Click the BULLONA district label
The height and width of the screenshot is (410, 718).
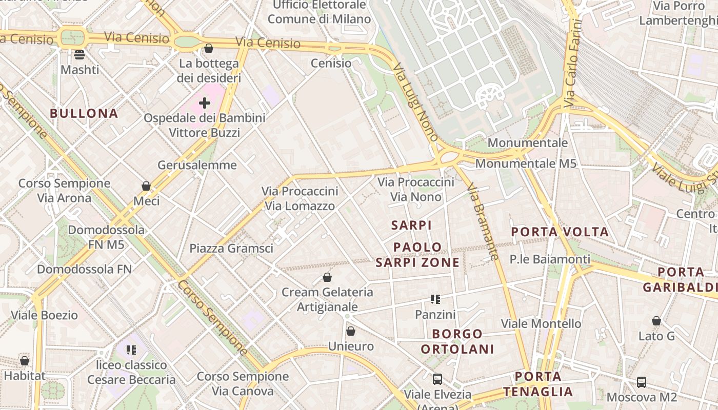click(84, 113)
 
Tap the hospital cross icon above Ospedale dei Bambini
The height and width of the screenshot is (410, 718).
click(205, 103)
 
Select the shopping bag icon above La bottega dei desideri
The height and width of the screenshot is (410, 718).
click(208, 48)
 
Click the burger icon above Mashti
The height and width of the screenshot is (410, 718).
click(79, 54)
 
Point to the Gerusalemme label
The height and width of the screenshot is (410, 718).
click(197, 165)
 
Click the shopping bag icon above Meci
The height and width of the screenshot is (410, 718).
click(146, 186)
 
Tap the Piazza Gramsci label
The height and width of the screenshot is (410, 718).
click(231, 249)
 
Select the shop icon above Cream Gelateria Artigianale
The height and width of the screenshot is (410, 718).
click(327, 278)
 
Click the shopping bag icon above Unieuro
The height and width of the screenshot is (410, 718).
click(351, 332)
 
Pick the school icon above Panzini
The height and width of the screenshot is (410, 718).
click(435, 299)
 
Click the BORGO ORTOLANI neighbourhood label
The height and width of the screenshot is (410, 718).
click(457, 341)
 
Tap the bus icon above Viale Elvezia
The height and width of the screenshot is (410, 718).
click(437, 379)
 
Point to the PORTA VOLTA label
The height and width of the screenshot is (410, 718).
click(560, 232)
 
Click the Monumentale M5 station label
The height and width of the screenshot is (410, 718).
click(526, 164)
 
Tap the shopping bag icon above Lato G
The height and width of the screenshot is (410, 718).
click(656, 321)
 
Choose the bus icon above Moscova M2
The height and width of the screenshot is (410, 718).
click(642, 382)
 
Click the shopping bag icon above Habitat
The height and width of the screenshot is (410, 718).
click(25, 361)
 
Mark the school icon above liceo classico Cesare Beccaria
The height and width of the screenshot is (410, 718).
click(131, 350)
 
